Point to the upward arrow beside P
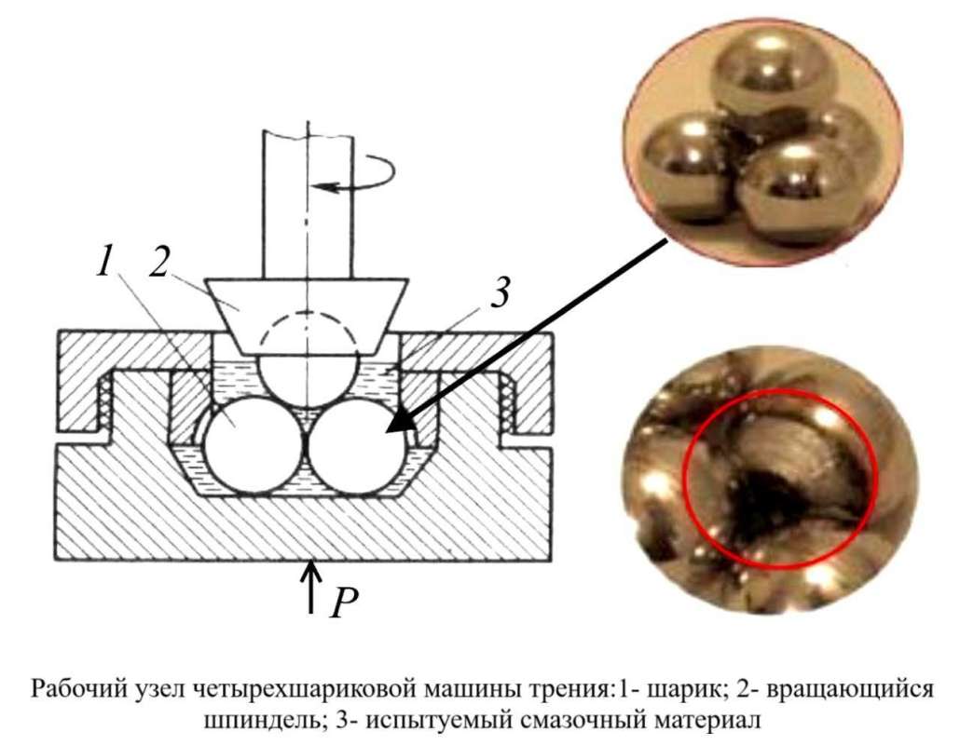click(311, 588)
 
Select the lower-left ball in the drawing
click(254, 445)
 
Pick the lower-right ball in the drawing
click(356, 445)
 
